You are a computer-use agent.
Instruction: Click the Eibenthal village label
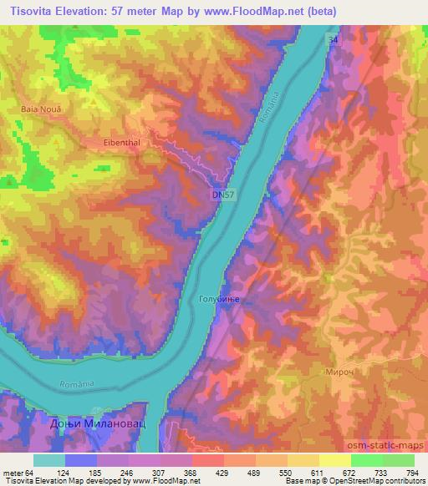[124, 141]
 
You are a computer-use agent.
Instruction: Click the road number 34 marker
[334, 39]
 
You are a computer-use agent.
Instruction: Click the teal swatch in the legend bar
[49, 459]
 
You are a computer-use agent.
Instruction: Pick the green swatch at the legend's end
[400, 459]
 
